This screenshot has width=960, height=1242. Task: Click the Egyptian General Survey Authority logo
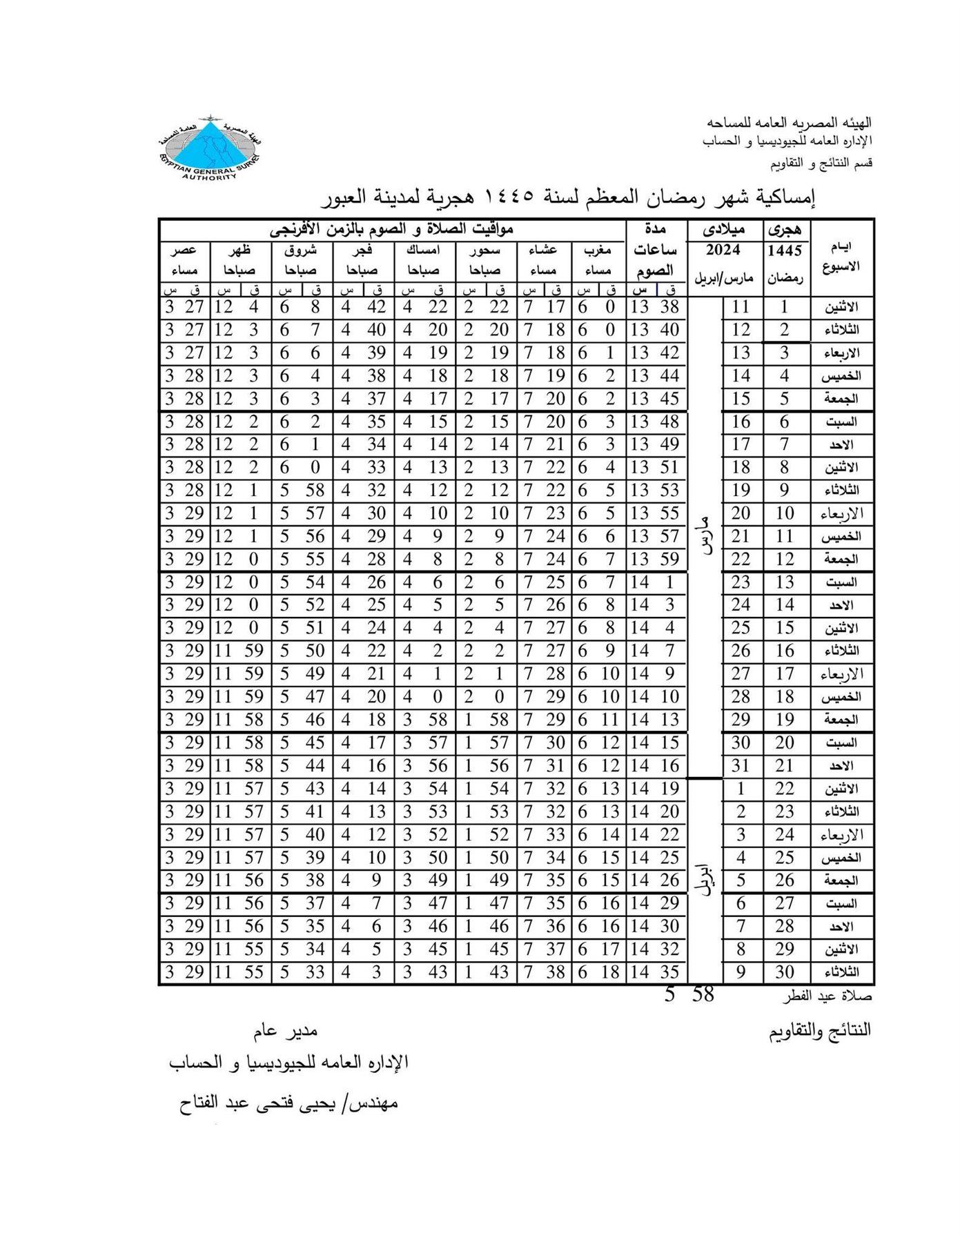click(x=210, y=148)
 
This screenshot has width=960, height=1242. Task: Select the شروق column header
click(x=301, y=250)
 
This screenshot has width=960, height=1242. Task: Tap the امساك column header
click(x=423, y=250)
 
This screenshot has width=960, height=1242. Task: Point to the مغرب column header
click(x=598, y=250)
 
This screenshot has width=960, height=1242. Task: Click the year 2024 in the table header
click(x=723, y=250)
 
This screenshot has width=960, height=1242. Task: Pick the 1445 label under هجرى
click(x=785, y=250)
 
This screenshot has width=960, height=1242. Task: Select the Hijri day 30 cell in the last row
click(x=785, y=972)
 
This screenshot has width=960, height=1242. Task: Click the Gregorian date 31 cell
click(x=741, y=766)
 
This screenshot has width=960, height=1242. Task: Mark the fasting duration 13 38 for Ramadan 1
click(x=655, y=307)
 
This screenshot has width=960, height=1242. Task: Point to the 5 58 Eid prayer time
click(x=689, y=995)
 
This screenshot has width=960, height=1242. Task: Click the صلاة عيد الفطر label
click(x=827, y=997)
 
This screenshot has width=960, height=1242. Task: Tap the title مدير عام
click(x=284, y=1032)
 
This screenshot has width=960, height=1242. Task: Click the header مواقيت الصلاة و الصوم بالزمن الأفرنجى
click(x=391, y=228)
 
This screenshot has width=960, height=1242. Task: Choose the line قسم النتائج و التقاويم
click(x=821, y=164)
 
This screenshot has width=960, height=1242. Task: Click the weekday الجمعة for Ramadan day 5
click(x=841, y=399)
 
